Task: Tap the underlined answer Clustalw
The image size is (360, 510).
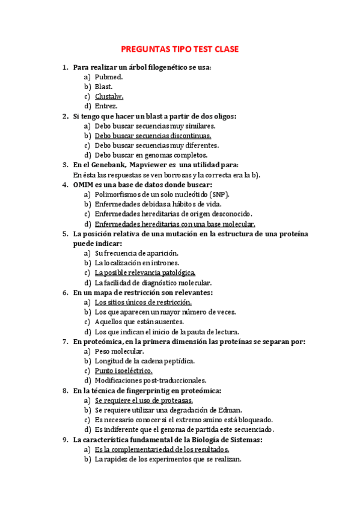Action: (x=109, y=96)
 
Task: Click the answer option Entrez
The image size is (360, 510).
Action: (x=106, y=106)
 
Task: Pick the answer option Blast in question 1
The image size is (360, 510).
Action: (x=103, y=87)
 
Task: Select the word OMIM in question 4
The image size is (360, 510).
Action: (x=83, y=184)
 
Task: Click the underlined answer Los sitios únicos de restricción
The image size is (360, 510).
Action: (x=143, y=302)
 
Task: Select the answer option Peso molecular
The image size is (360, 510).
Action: (x=119, y=351)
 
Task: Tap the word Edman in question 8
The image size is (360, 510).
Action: (x=224, y=410)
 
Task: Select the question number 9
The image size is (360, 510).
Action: (x=65, y=439)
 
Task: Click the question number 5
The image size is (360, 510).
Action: (x=65, y=233)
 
